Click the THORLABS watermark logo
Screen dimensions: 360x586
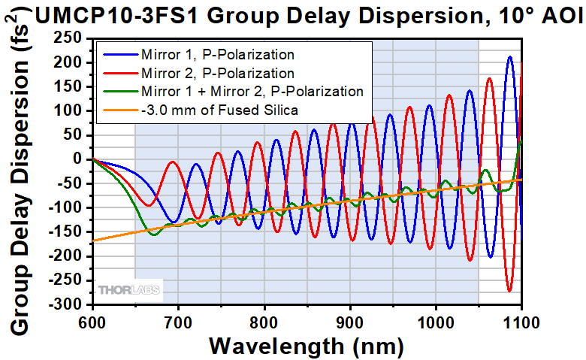click(129, 289)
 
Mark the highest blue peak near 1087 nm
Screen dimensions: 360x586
click(510, 56)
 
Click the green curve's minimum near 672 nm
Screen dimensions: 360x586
click(154, 235)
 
